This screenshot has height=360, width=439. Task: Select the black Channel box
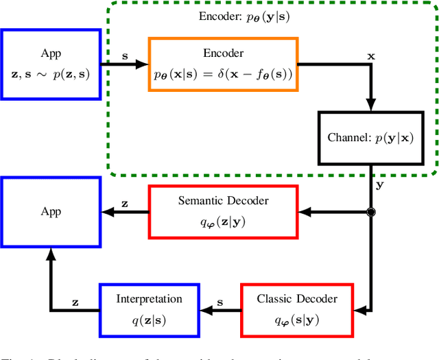[x=370, y=137]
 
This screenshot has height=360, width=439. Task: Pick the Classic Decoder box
[x=297, y=310]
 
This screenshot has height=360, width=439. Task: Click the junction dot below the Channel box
[x=371, y=213]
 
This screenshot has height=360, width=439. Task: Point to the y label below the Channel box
[x=379, y=184]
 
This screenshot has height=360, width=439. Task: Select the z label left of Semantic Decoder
[x=124, y=203]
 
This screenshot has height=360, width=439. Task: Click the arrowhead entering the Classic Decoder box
[x=359, y=310]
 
